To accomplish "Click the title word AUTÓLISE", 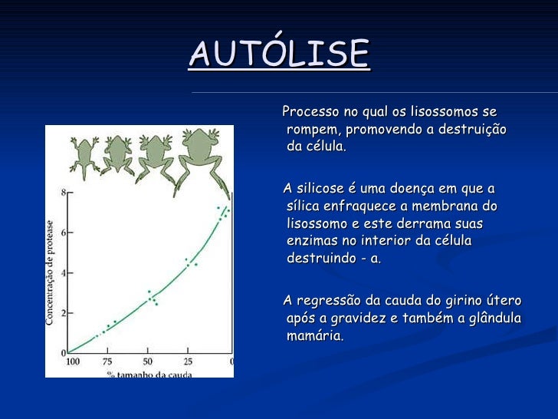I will (279, 53).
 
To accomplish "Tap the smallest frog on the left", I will (83, 152).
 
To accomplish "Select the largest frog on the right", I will (205, 157).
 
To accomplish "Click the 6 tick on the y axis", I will (63, 232).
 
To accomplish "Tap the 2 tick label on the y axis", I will (63, 312).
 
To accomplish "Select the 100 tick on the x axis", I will (73, 361).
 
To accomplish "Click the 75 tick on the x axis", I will (108, 361).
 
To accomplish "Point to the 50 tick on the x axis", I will (148, 361).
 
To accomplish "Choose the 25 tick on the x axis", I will (188, 361).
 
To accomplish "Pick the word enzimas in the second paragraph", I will (310, 241).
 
